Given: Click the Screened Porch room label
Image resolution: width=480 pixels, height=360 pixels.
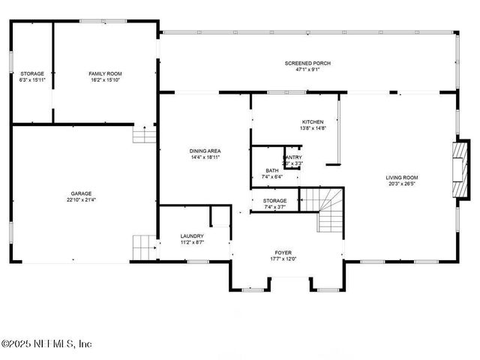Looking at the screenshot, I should [x=307, y=63].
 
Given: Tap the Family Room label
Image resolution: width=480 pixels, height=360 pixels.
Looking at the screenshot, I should [x=104, y=73].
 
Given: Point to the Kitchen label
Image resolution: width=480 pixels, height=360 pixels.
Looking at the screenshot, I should [x=313, y=121].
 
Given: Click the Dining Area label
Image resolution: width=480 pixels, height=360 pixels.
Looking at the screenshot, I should [x=205, y=151].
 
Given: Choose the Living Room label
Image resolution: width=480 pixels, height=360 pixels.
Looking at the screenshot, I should [x=401, y=178].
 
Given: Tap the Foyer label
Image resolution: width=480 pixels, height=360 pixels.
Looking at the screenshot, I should [x=283, y=253].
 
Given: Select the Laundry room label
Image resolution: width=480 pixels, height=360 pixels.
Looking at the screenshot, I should [x=192, y=236].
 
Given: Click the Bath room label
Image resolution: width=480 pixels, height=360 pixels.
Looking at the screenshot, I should [x=271, y=170].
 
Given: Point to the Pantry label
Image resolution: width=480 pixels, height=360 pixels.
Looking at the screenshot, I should [x=292, y=157].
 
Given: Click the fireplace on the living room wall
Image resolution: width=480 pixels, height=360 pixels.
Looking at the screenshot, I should [x=458, y=169].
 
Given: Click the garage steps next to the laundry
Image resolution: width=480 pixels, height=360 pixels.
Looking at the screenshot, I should [x=143, y=246].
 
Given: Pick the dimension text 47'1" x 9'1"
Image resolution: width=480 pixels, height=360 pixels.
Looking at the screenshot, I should [x=307, y=70].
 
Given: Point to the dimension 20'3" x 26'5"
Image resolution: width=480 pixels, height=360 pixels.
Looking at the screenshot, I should [x=401, y=184].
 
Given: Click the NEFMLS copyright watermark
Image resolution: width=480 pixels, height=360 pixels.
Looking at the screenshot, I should [x=46, y=343].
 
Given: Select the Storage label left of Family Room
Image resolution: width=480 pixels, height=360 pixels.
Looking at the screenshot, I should [x=32, y=73].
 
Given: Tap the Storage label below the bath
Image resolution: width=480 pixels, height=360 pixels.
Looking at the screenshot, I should [x=274, y=201].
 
